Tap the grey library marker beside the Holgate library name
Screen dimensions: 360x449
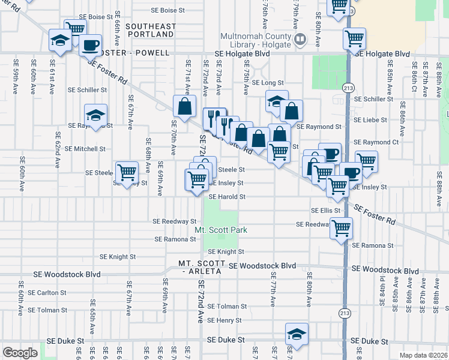tap(301, 40)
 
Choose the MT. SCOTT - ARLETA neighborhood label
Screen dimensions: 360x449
tap(202, 268)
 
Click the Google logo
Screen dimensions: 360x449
tap(20, 352)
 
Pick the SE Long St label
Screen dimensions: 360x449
tap(268, 83)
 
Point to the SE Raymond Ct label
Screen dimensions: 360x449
tap(376, 142)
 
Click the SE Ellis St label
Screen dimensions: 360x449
tap(326, 211)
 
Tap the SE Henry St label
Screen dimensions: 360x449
tap(224, 321)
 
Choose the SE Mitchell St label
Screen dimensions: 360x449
tap(85, 148)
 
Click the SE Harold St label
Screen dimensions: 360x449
tap(227, 196)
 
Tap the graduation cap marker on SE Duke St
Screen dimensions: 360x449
tap(297, 335)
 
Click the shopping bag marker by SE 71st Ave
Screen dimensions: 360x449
tap(184, 106)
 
